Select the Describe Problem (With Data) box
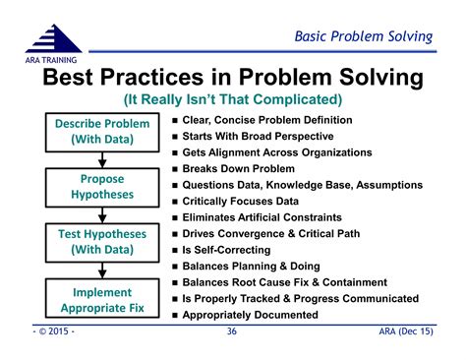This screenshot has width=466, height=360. [102, 132]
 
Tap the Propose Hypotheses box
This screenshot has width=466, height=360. [102, 187]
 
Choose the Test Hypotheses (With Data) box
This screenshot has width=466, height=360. [102, 242]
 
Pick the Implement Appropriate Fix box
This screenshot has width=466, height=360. [102, 300]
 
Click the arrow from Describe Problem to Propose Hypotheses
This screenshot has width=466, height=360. [102, 158]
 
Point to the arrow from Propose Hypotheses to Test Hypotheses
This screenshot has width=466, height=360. [102, 213]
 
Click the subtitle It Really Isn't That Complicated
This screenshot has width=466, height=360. [232, 99]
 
